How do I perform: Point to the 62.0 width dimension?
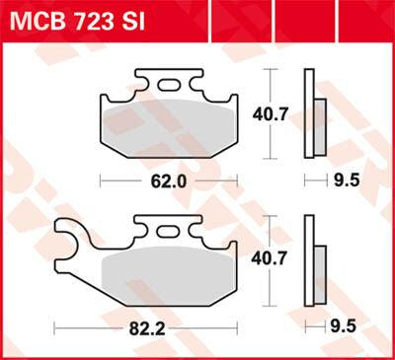[x=169, y=181]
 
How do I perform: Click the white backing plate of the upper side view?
[x=309, y=113]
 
